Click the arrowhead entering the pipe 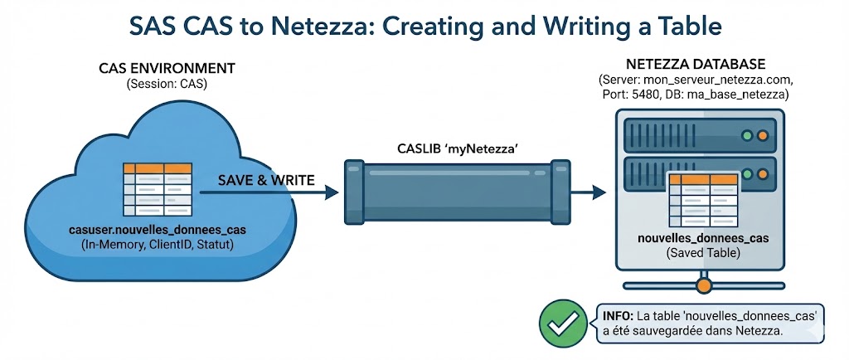tap(332, 192)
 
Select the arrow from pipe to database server tap(589, 192)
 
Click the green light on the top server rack tap(747, 134)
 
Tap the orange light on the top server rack tap(762, 134)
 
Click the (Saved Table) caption tap(703, 254)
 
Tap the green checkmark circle tap(560, 323)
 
